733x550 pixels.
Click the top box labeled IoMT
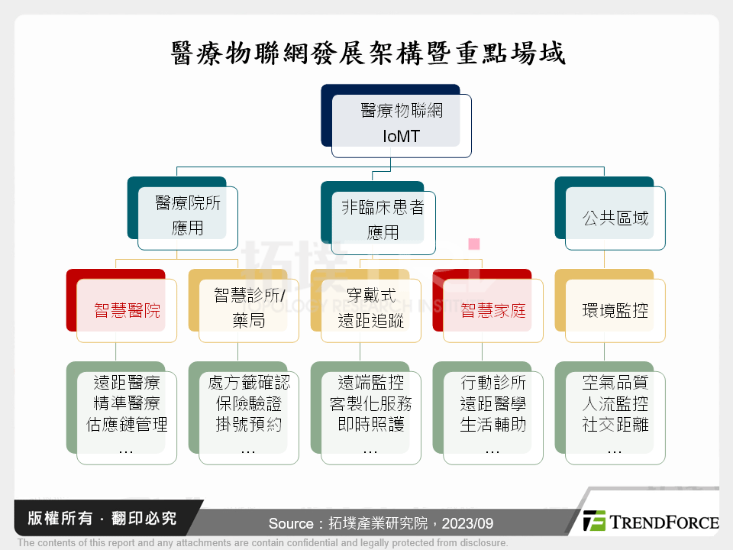[x=396, y=121]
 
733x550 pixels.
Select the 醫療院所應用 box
[x=182, y=213]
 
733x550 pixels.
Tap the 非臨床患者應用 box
[x=378, y=218]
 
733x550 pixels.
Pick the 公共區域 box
[x=609, y=213]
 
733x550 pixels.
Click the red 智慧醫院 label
[x=128, y=311]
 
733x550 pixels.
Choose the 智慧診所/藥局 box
[x=244, y=306]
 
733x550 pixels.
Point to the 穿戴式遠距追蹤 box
[x=366, y=306]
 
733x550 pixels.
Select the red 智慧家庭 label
[x=493, y=311]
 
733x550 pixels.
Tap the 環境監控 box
[x=609, y=306]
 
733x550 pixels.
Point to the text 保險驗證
[x=249, y=403]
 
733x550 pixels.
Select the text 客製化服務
[x=371, y=403]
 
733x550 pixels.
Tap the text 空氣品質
[x=615, y=383]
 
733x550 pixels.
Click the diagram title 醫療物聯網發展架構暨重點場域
[x=368, y=53]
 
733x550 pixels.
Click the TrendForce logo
[x=651, y=521]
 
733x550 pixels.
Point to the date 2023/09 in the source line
[x=467, y=523]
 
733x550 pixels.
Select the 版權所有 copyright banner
[x=102, y=518]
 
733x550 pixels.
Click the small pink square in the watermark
[x=474, y=244]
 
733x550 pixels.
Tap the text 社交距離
[x=615, y=424]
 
